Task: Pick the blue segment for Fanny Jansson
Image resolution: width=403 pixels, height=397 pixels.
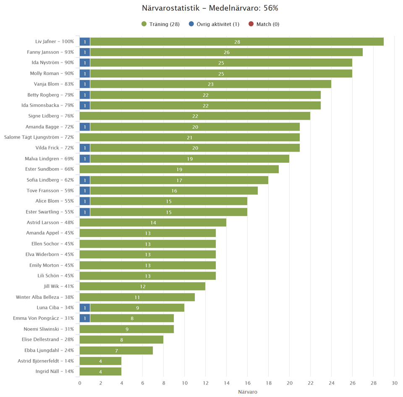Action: pyautogui.click(x=85, y=52)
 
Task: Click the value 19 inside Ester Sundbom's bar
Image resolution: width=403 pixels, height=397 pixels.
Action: pyautogui.click(x=179, y=170)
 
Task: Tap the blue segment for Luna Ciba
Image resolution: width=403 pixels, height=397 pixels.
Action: pyautogui.click(x=85, y=308)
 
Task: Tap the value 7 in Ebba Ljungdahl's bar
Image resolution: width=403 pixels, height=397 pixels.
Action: pyautogui.click(x=116, y=350)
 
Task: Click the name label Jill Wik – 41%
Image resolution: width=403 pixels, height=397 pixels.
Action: pyautogui.click(x=59, y=286)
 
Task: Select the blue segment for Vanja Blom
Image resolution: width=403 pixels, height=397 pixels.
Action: pyautogui.click(x=85, y=84)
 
